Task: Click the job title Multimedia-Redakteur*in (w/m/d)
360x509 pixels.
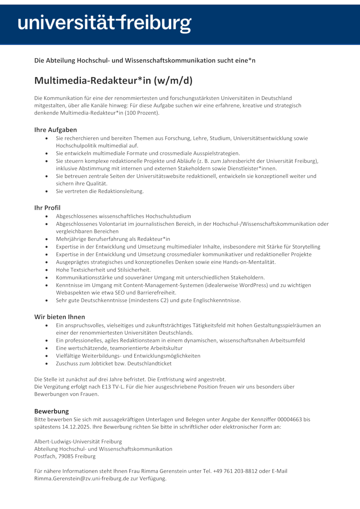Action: tap(113, 80)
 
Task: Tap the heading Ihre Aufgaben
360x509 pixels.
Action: tap(56, 130)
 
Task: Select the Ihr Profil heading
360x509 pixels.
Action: tap(47, 208)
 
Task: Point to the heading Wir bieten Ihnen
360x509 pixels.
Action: tap(60, 317)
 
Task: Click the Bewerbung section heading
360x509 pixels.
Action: tap(52, 411)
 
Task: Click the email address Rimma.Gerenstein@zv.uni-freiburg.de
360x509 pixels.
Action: tap(82, 478)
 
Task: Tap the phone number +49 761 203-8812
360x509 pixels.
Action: tap(235, 471)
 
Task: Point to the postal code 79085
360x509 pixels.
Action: tap(66, 456)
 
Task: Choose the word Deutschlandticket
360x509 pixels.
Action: tap(149, 363)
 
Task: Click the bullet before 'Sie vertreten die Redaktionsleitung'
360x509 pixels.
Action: tap(46, 192)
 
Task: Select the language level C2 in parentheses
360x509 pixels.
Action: tap(164, 301)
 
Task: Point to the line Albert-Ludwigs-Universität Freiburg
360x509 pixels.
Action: tap(78, 442)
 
